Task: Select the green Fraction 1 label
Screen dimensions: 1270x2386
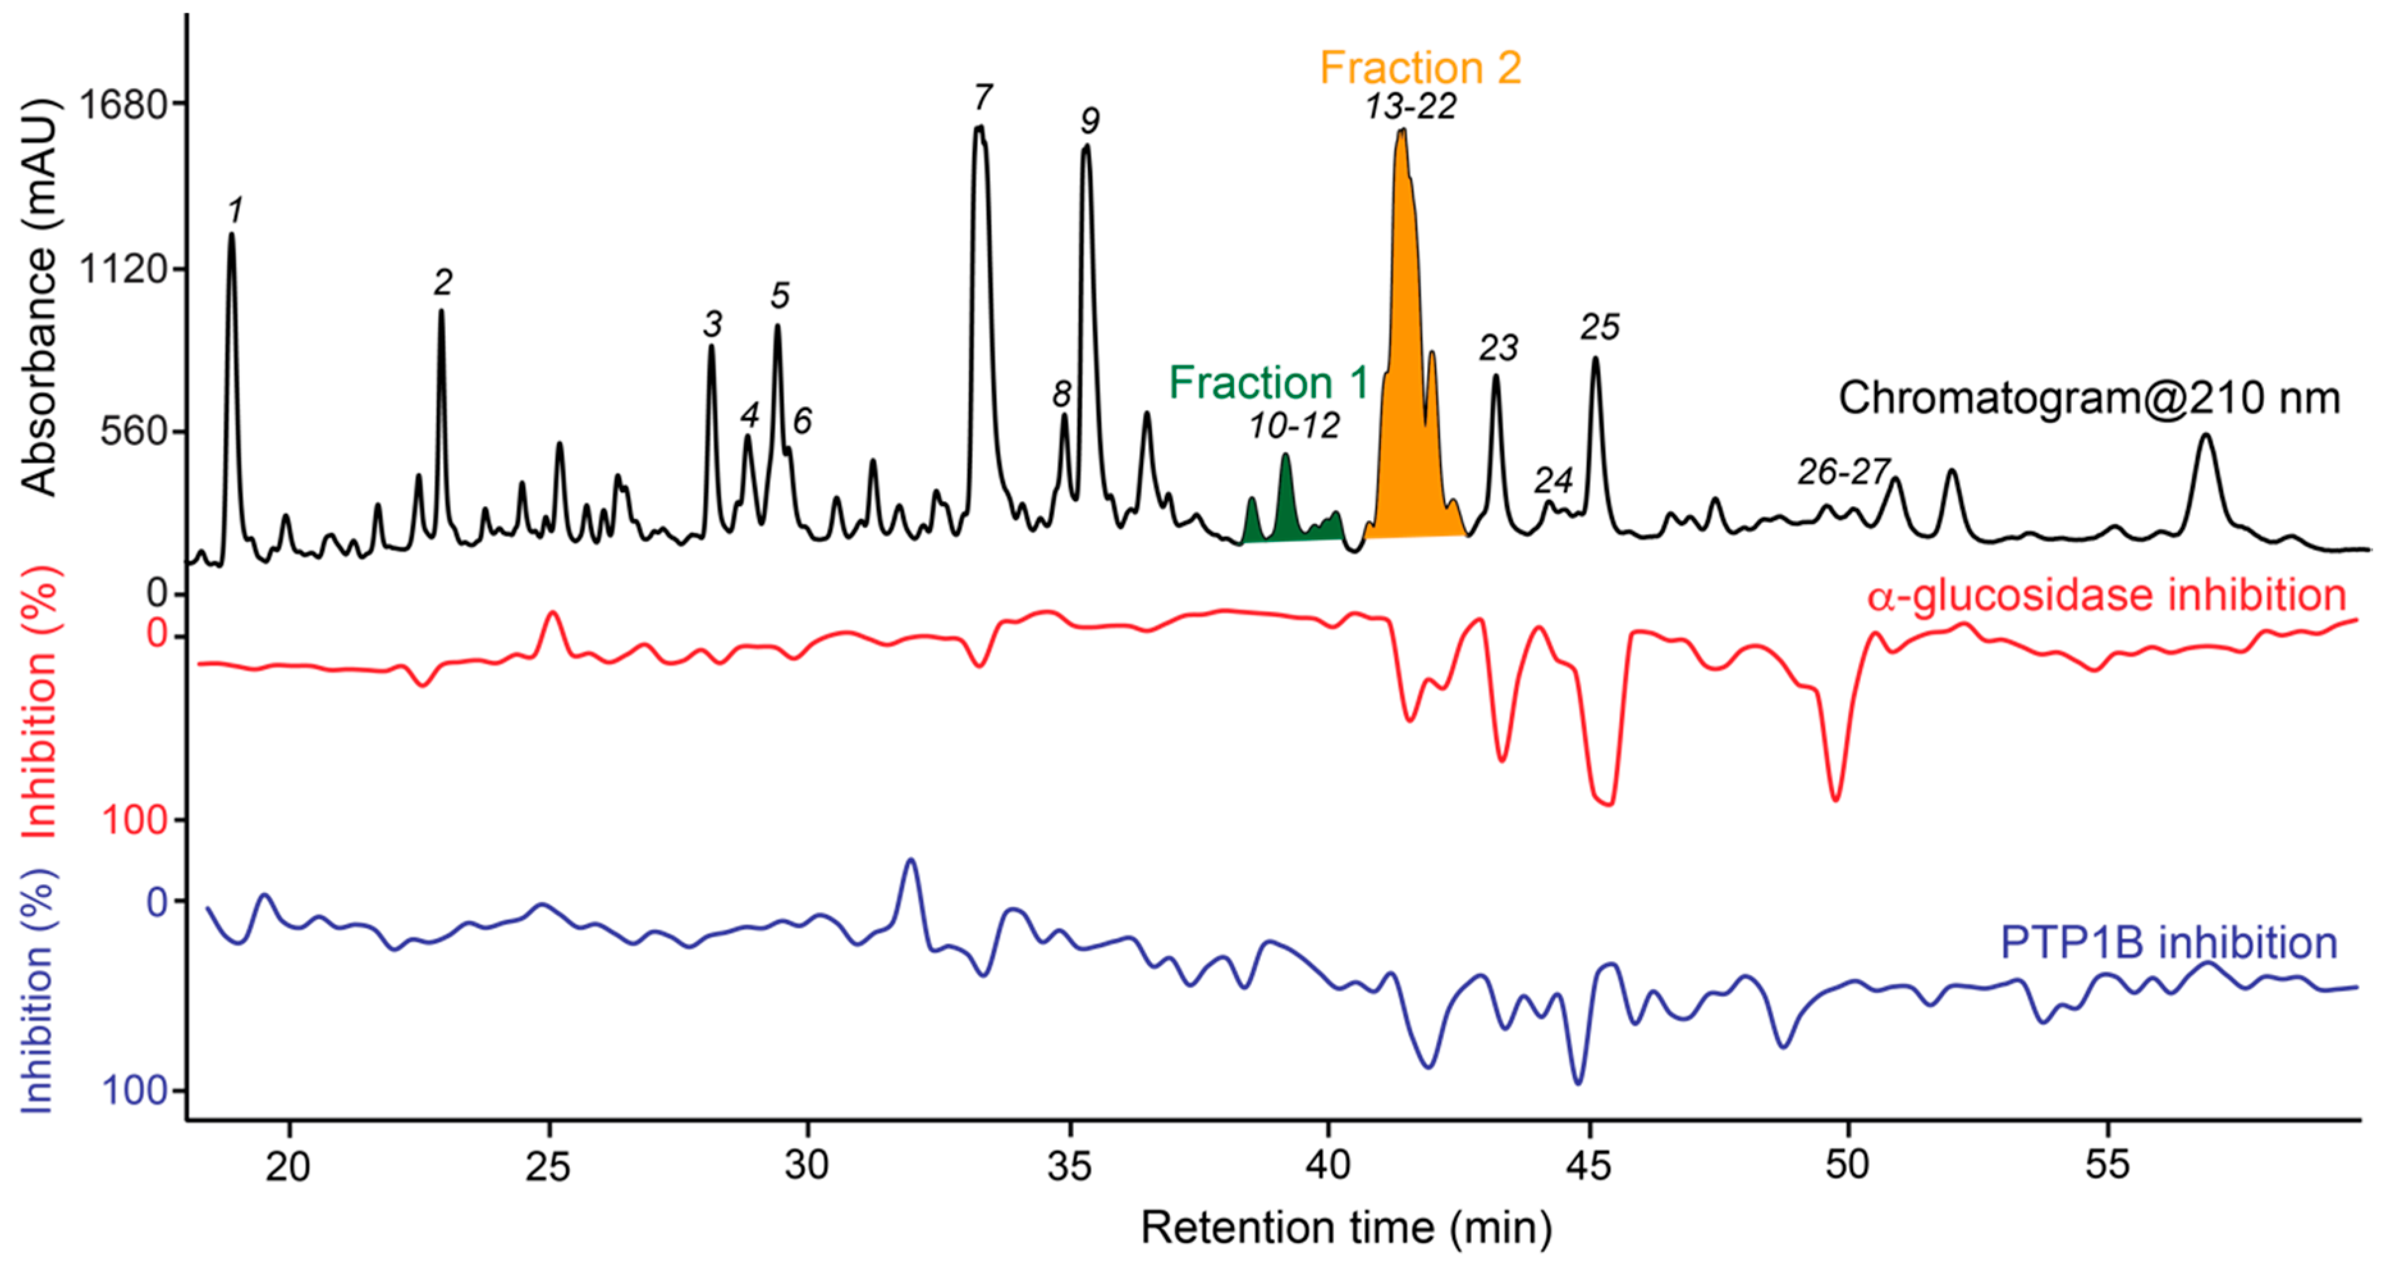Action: click(1268, 383)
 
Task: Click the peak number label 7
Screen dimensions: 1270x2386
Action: click(983, 97)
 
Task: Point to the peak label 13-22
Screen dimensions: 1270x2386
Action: click(1410, 107)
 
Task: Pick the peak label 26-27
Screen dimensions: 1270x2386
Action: click(1842, 472)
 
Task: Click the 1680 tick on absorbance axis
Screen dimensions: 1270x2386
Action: click(127, 103)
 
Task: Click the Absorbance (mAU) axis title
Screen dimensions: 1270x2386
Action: click(40, 296)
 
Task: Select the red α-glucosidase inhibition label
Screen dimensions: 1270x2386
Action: click(2105, 595)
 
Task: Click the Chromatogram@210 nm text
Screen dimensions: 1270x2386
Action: click(2089, 399)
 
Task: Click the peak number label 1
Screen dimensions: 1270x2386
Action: click(235, 211)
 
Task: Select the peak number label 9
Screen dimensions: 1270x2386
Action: click(1089, 120)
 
